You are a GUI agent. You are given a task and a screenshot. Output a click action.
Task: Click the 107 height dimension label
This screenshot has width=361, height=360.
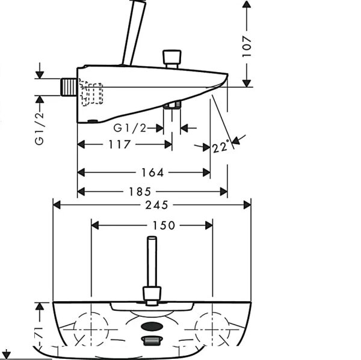247,47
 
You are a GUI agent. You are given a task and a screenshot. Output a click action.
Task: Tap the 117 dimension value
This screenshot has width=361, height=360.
119,144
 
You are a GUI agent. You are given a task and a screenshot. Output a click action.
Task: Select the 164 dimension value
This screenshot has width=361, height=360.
152,172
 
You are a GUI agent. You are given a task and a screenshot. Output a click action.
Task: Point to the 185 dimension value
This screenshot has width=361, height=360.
140,192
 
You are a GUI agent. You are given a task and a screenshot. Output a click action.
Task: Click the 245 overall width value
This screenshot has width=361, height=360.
157,205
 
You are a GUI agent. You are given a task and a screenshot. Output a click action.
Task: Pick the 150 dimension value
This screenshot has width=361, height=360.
164,225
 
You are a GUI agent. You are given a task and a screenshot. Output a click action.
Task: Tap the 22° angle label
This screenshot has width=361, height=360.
221,147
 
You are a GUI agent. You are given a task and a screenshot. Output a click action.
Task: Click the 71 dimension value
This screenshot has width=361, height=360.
40,332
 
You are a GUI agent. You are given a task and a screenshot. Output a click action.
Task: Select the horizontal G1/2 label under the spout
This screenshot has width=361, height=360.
130,128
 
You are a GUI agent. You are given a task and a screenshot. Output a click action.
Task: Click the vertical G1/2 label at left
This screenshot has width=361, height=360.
39,128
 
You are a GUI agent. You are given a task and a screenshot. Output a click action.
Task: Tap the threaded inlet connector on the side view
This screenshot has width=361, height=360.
69,87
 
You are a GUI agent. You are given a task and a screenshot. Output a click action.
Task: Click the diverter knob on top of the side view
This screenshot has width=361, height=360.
171,59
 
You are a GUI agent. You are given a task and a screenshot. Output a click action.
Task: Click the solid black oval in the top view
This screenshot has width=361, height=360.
152,326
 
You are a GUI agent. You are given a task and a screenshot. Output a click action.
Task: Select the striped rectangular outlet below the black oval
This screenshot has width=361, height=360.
152,341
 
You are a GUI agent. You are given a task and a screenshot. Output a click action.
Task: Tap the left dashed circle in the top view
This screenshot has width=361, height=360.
91,329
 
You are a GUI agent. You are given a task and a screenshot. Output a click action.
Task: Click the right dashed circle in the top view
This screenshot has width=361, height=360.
212,329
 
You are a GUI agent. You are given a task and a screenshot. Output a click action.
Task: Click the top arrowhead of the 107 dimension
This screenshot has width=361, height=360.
247,4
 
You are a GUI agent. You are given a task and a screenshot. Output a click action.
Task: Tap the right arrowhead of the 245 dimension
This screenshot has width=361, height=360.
247,205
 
